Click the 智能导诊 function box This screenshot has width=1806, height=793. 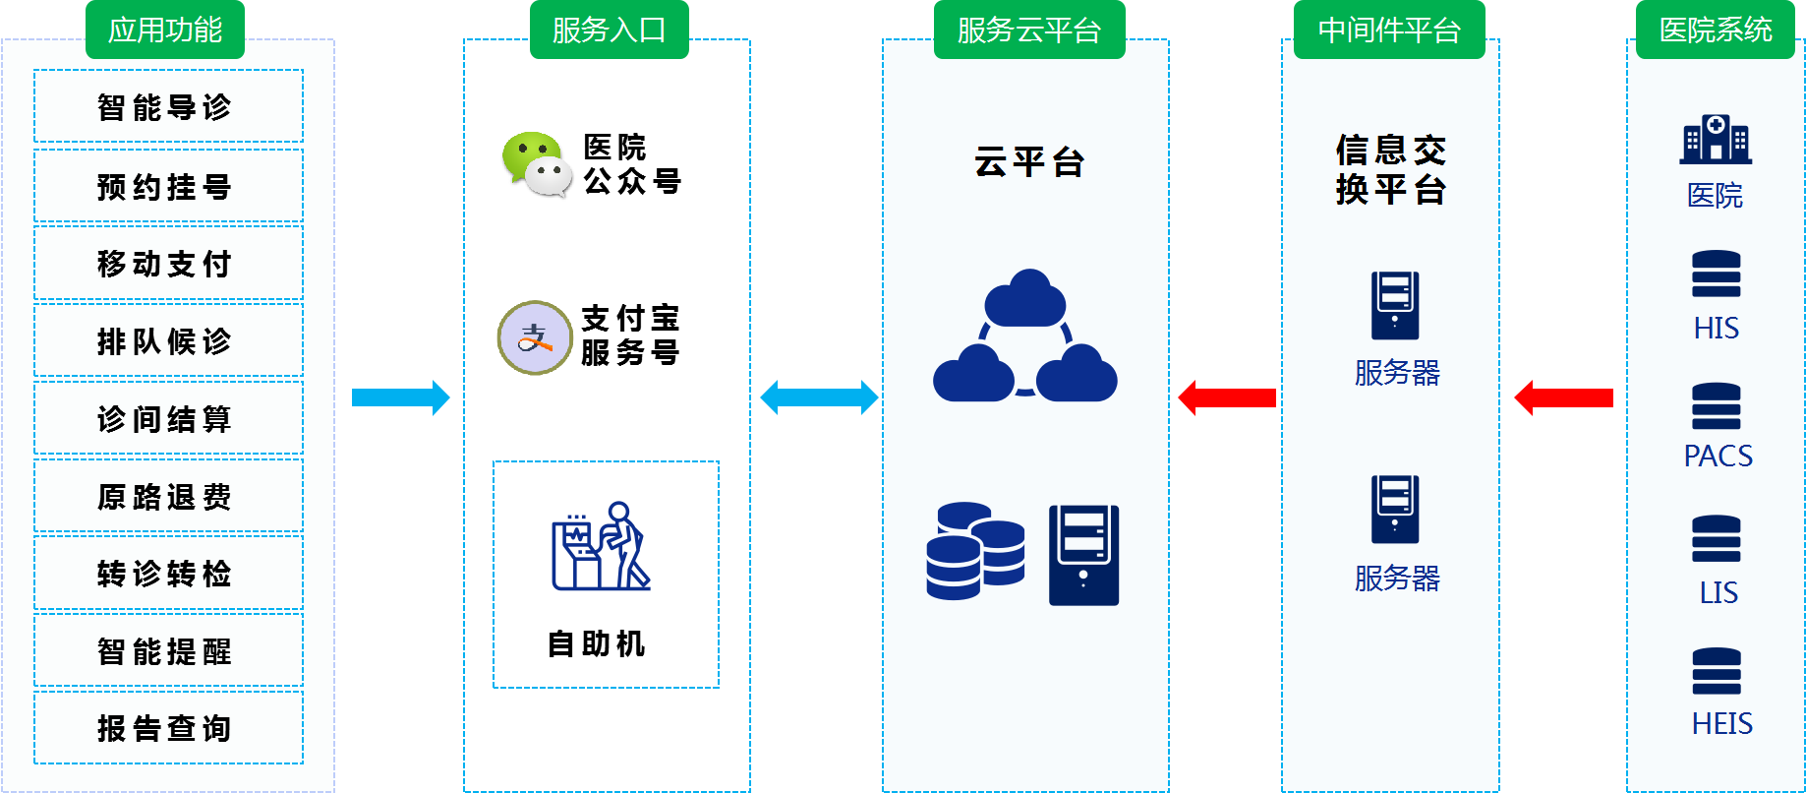[168, 106]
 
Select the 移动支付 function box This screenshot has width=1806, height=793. [168, 264]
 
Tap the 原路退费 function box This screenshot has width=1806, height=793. [168, 497]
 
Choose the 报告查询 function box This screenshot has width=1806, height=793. [168, 728]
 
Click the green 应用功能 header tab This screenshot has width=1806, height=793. [165, 30]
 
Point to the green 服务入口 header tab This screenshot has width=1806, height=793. [609, 30]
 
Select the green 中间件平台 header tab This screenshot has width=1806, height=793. [1388, 30]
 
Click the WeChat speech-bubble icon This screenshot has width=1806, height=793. [537, 164]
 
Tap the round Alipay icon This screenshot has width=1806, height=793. [535, 337]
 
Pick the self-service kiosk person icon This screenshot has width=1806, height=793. [601, 547]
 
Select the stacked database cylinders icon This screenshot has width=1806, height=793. [974, 551]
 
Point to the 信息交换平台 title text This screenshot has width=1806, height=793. [1390, 170]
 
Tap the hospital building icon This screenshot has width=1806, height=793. [1716, 139]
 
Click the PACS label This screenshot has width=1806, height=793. [1718, 456]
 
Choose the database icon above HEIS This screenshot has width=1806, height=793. [1716, 671]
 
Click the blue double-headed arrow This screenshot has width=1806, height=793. [819, 397]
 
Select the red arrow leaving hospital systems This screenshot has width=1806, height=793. [1563, 397]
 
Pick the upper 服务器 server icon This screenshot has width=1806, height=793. [1395, 305]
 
